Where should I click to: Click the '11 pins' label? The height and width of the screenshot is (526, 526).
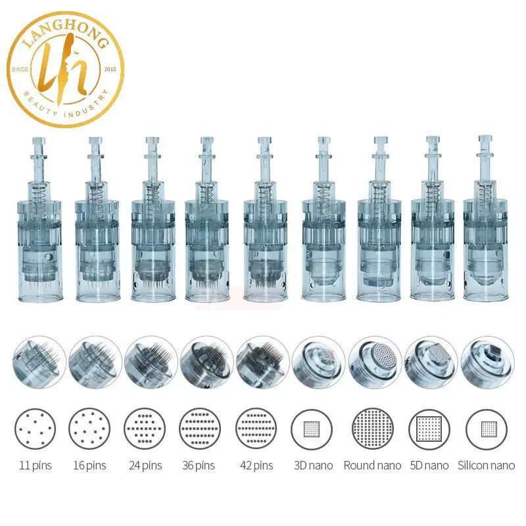point(36,466)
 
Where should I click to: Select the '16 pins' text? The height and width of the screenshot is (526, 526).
point(89,466)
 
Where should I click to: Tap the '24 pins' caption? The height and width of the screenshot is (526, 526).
point(145,466)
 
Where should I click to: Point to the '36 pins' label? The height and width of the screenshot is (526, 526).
point(199,466)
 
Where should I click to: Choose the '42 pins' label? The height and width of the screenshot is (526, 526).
point(256,466)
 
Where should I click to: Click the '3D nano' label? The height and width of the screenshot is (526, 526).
point(314,466)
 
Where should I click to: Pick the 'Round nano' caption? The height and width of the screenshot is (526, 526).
point(372,466)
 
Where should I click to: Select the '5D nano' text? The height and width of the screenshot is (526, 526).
point(429,466)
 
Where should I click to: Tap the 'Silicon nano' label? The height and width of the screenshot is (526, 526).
point(486,466)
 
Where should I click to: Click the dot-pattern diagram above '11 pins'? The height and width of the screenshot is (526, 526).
point(35,429)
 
